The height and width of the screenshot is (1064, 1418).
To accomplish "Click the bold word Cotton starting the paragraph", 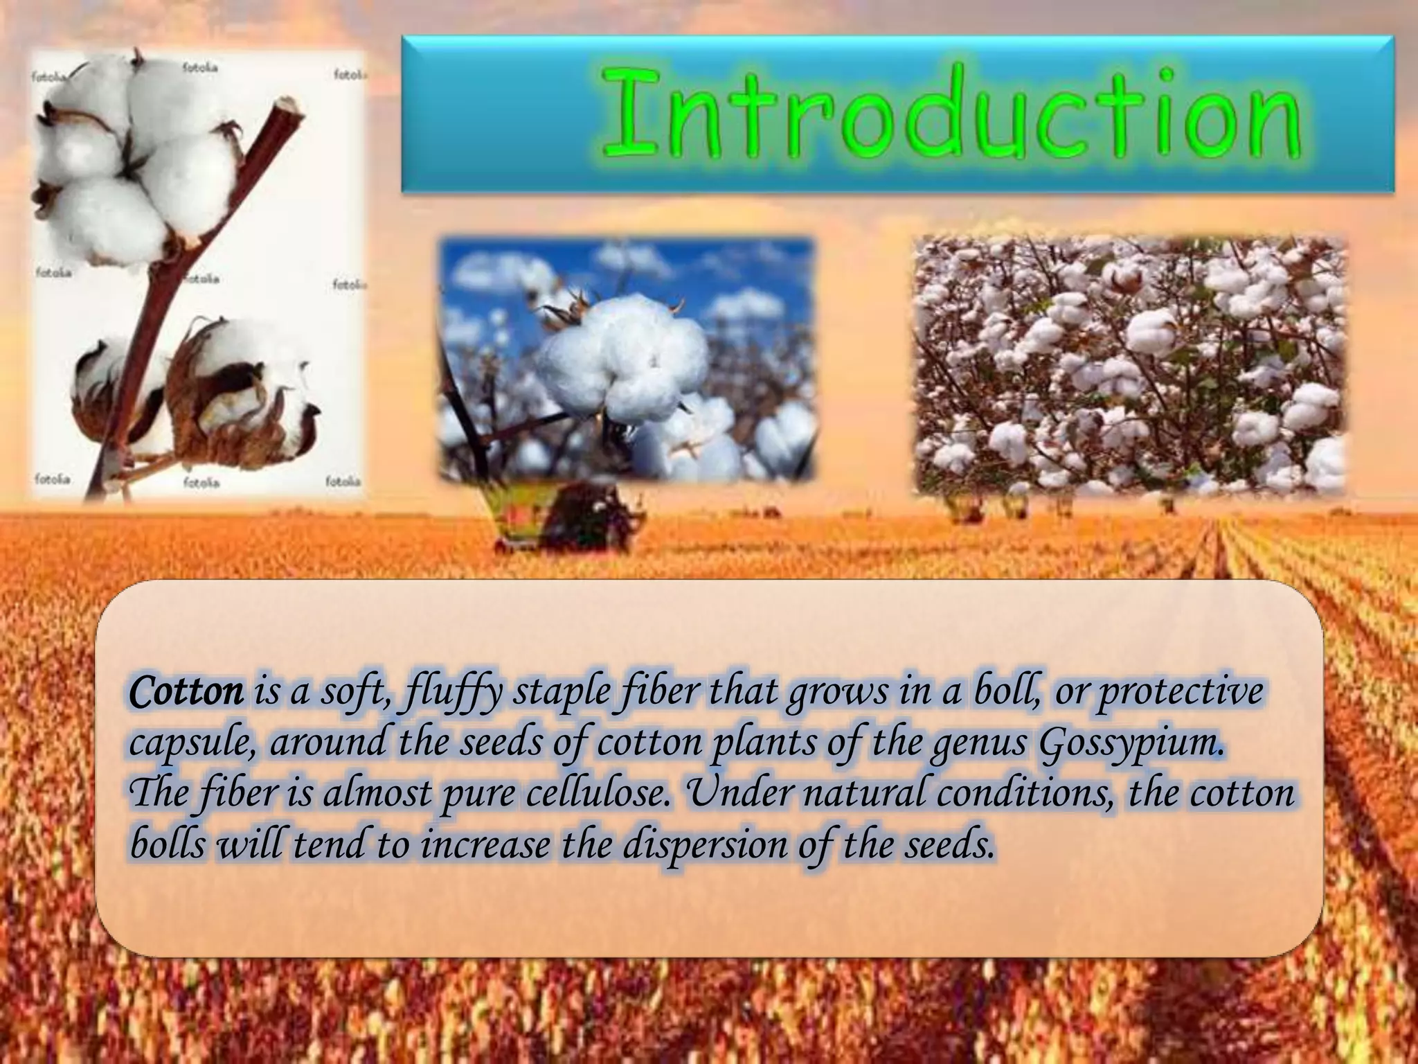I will click(x=186, y=691).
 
